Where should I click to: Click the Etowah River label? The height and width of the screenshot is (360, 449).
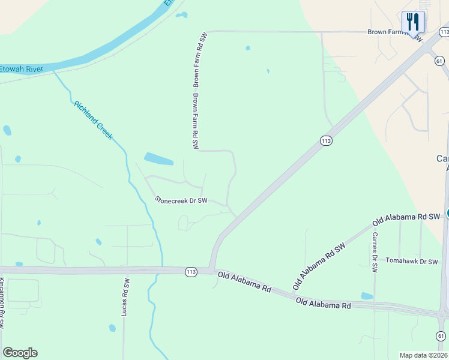tap(22, 69)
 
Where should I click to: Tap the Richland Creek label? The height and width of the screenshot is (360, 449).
tap(94, 121)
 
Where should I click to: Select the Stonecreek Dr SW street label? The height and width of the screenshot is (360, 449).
tap(181, 200)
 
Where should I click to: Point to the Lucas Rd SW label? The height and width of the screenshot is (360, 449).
tap(124, 297)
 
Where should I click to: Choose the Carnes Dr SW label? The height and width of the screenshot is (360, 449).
tap(375, 252)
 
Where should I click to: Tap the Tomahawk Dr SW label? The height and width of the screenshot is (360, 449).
tap(412, 261)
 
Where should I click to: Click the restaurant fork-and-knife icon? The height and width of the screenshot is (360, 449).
tap(413, 22)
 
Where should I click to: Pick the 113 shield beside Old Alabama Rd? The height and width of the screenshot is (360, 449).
tap(191, 272)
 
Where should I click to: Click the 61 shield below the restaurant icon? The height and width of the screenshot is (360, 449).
tap(439, 61)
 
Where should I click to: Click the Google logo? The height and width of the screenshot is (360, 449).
tap(20, 353)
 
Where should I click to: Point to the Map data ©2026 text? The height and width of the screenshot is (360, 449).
tap(423, 355)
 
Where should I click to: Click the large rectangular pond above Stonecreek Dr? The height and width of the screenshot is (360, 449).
tap(159, 159)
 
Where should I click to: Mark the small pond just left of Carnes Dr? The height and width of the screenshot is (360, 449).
tap(367, 296)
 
